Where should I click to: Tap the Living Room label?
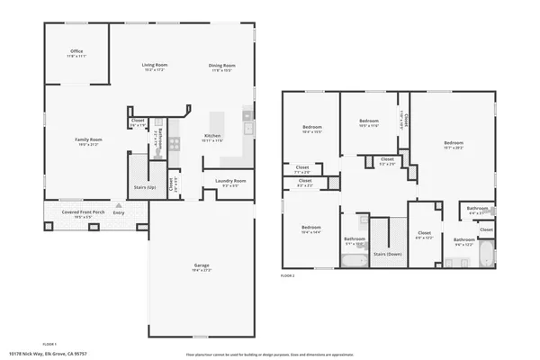click(155, 66)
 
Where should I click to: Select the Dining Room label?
click(221, 66)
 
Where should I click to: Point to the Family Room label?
click(88, 139)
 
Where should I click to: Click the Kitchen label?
click(212, 136)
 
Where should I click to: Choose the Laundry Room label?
click(230, 181)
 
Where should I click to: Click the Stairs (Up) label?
click(146, 187)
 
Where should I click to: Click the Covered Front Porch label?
click(83, 212)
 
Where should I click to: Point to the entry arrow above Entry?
click(116, 205)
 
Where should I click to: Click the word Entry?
click(119, 212)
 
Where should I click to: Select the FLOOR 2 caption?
click(288, 274)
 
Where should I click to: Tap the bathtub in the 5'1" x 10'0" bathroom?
click(354, 261)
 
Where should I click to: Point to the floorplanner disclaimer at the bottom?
click(270, 354)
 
